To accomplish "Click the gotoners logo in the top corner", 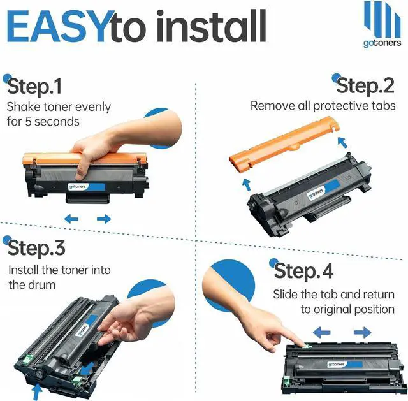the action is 382,24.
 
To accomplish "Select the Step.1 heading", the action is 34,86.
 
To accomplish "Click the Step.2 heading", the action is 365,85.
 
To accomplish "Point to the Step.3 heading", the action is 36,248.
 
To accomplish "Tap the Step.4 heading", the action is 303,271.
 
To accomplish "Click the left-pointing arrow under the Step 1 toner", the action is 71,219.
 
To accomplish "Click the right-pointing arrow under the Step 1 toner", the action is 104,219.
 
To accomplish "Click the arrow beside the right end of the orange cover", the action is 342,142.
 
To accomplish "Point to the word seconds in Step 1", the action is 57,122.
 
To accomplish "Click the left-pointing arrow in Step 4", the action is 321,332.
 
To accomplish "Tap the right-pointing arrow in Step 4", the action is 363,332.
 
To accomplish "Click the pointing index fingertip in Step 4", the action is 303,344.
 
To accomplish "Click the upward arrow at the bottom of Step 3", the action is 37,392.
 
